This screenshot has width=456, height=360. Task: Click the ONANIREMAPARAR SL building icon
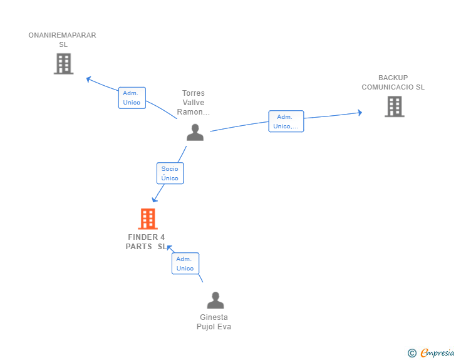(x=63, y=64)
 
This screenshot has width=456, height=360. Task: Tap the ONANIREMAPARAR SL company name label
(x=62, y=39)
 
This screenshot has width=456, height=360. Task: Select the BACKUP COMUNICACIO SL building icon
(x=395, y=106)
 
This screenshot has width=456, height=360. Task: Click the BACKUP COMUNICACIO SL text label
(x=393, y=82)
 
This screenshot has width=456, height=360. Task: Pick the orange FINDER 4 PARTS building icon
(x=148, y=219)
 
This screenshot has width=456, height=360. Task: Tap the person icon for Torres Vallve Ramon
(x=195, y=132)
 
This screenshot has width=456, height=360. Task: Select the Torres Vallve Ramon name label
(x=194, y=102)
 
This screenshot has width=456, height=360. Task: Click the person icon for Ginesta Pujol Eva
(x=215, y=300)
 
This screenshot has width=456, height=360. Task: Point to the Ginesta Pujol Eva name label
(x=214, y=322)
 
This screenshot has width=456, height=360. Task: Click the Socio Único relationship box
(x=170, y=173)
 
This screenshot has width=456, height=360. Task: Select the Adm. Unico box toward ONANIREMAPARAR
(x=132, y=98)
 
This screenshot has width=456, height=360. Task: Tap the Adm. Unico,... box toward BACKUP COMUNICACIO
(x=286, y=121)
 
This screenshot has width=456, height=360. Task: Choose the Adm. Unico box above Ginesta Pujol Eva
(x=185, y=264)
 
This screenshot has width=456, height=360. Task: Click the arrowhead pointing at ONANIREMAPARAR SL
(x=89, y=79)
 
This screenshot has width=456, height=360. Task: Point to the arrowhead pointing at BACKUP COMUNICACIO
(x=360, y=113)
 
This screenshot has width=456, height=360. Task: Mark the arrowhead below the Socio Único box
(x=155, y=199)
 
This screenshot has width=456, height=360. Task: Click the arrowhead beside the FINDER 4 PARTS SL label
(x=170, y=248)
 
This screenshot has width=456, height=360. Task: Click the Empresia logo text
(x=437, y=352)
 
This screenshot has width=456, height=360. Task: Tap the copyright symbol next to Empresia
(x=412, y=353)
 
